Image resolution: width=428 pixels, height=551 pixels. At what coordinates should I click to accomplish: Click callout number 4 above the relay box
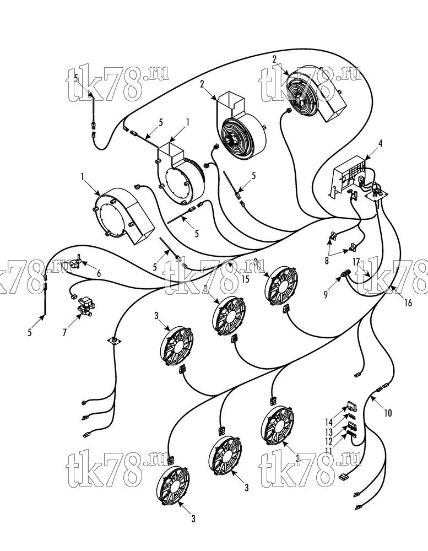tap(381, 143)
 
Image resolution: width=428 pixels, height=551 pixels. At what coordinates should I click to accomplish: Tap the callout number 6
tap(99, 273)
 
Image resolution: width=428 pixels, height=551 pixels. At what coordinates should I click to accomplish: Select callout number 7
tap(64, 332)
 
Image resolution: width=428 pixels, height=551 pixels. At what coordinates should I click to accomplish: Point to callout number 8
tap(327, 261)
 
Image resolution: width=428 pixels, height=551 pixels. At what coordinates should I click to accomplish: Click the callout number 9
tap(326, 294)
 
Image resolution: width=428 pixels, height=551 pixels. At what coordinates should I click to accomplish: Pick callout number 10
tap(388, 413)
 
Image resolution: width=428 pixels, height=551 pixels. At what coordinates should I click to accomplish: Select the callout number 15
tap(245, 279)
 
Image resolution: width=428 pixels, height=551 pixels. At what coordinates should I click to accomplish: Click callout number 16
tap(408, 302)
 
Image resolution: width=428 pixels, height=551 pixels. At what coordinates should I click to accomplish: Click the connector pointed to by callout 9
tap(345, 273)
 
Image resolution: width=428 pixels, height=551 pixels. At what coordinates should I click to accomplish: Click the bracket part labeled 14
tap(350, 408)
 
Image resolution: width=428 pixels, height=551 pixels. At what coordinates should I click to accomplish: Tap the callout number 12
tap(328, 441)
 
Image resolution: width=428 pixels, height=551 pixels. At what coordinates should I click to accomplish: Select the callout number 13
tap(328, 432)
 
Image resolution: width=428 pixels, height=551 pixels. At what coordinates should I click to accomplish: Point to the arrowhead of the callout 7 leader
tap(80, 316)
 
